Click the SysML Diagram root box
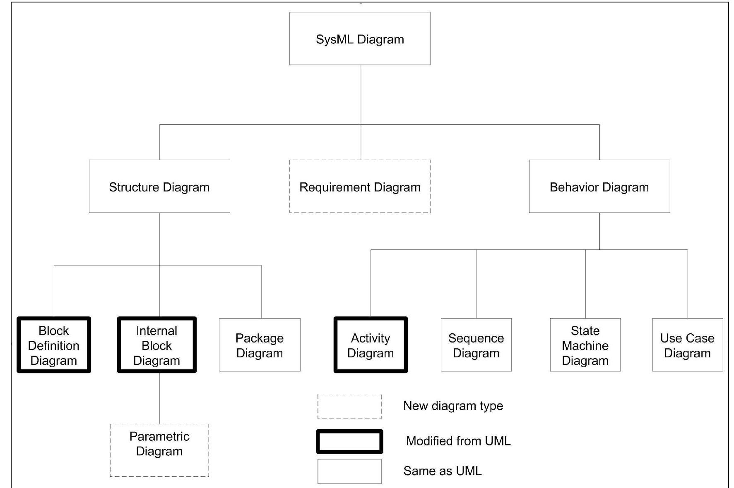click(360, 38)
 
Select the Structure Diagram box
click(159, 187)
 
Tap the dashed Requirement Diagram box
click(360, 187)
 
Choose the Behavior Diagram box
click(599, 187)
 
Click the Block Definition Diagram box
click(54, 345)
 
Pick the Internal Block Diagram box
click(156, 345)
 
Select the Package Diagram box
click(260, 345)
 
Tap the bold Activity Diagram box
click(371, 345)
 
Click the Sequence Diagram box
click(476, 345)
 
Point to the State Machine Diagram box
click(585, 345)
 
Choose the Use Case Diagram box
click(687, 345)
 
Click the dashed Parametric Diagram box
click(159, 450)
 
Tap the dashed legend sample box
click(349, 406)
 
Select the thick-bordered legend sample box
click(349, 441)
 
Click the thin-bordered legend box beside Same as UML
click(349, 471)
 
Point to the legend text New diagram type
click(453, 406)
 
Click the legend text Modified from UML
click(458, 441)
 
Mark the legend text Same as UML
click(442, 471)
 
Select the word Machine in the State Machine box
click(585, 345)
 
